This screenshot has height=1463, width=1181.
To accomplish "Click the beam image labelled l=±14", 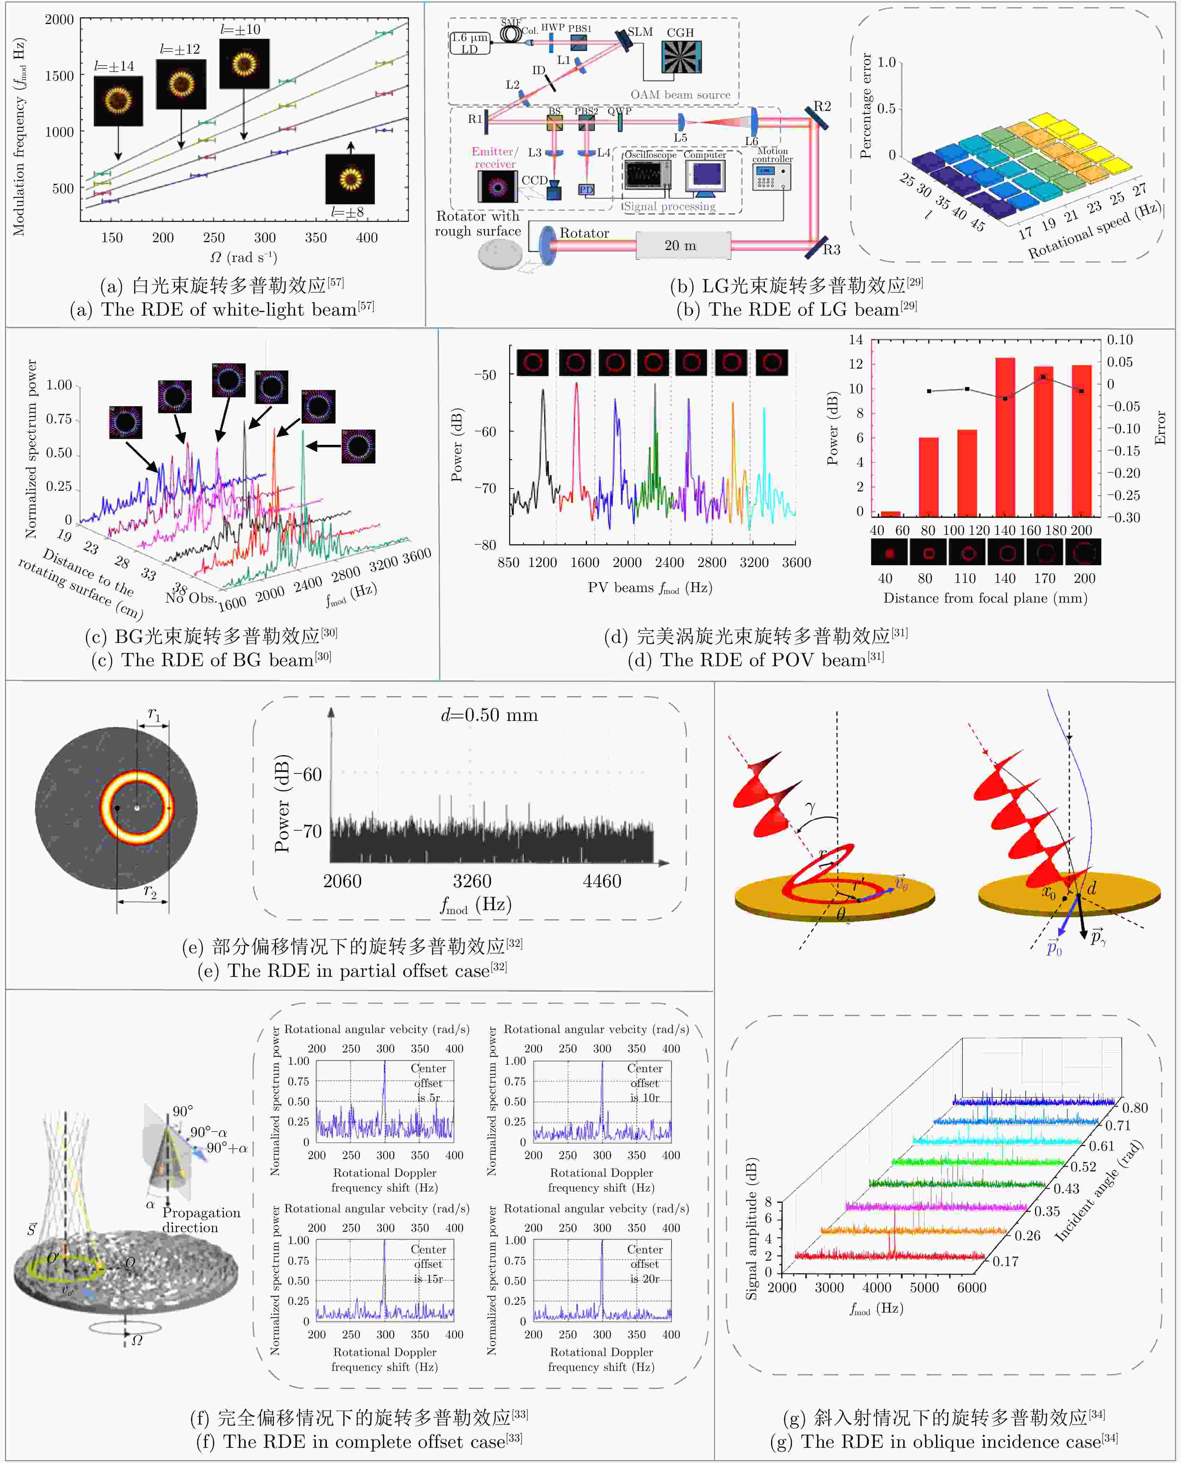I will (x=118, y=101).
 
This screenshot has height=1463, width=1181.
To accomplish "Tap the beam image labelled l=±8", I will (x=350, y=179).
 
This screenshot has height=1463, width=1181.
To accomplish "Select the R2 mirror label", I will (x=822, y=106).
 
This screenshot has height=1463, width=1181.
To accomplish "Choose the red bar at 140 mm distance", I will (x=1005, y=436).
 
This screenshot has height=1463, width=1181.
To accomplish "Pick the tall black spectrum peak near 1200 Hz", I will (x=543, y=422).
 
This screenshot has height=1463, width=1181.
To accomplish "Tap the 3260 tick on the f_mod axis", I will (x=472, y=881).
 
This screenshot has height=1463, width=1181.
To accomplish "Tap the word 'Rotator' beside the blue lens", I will (x=584, y=233).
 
